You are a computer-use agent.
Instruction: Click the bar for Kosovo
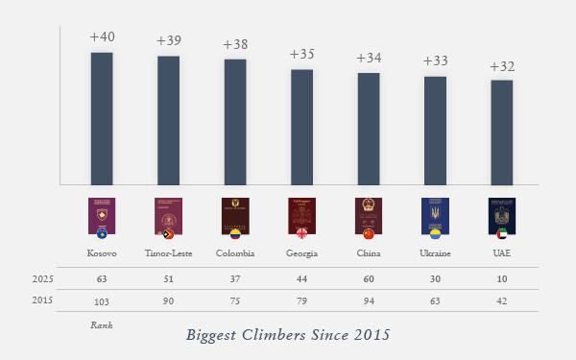(102, 117)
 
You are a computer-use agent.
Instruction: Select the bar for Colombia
(235, 121)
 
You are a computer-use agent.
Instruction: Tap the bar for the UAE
(501, 132)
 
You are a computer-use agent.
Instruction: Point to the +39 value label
(168, 41)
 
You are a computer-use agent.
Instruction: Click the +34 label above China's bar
(369, 58)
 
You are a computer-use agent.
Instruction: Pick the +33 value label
(435, 61)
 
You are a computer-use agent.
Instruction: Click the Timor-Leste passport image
(167, 215)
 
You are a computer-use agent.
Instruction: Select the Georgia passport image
(300, 215)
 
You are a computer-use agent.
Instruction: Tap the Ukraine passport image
(434, 215)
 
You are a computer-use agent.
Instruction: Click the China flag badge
(369, 233)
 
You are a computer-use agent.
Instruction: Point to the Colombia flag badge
(235, 233)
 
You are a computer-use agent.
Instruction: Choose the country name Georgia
(301, 253)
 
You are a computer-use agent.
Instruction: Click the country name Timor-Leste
(168, 253)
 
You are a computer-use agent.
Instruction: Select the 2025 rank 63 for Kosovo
(102, 278)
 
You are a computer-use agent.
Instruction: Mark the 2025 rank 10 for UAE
(501, 278)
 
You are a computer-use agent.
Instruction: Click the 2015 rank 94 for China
(369, 300)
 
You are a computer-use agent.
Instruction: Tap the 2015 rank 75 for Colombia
(235, 300)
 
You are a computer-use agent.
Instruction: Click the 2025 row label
(42, 278)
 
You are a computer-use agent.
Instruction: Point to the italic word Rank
(101, 324)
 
